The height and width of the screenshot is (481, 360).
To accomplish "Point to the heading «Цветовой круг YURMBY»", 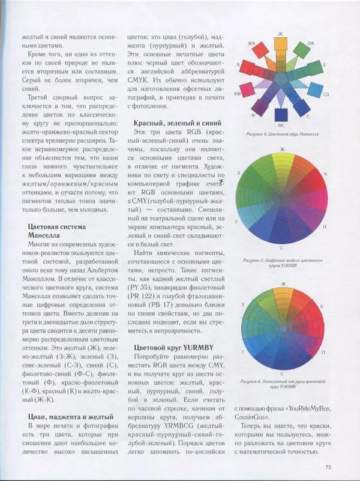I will (x=171, y=348).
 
